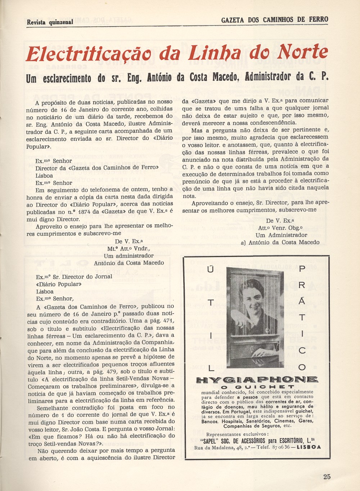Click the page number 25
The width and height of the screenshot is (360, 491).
(327, 477)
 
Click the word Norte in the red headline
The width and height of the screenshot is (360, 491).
(303, 53)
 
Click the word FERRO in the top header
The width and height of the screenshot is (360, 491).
(318, 19)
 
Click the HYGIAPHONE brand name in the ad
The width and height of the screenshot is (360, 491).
(257, 379)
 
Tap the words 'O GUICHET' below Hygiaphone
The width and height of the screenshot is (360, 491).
(257, 387)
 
